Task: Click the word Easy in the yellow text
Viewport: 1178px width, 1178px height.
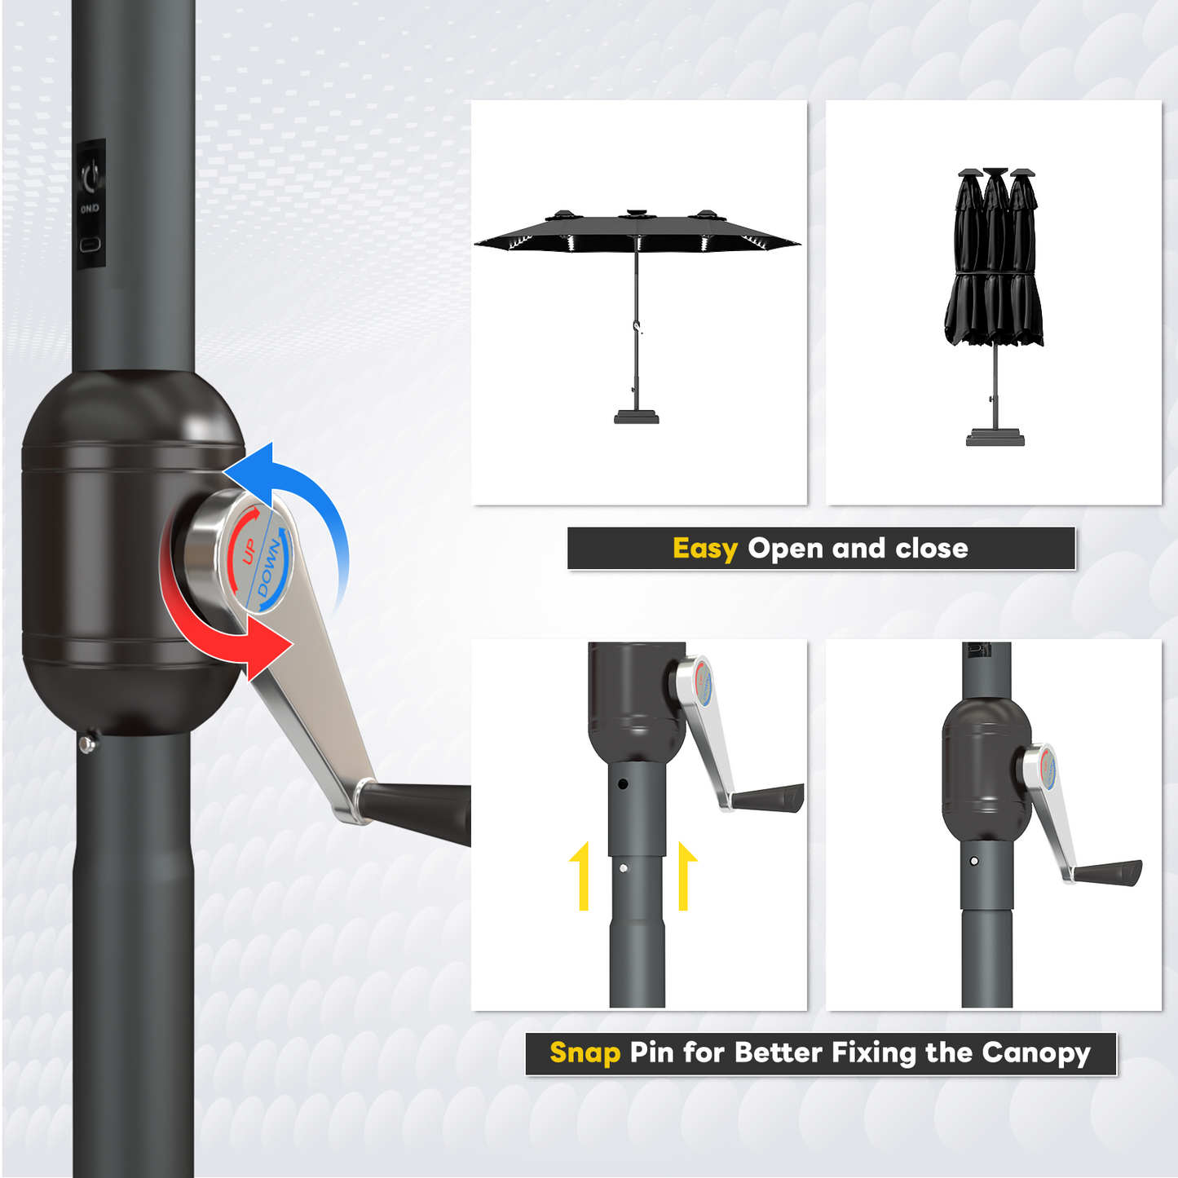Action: [704, 549]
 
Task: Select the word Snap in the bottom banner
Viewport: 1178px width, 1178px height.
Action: [585, 1052]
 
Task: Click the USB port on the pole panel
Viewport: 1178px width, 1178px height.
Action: [90, 245]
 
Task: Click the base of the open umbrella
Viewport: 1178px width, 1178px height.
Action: [636, 417]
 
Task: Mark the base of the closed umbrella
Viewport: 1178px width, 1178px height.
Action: [995, 438]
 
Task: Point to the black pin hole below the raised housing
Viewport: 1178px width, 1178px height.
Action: [623, 784]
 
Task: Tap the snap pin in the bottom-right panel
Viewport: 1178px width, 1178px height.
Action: [974, 861]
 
